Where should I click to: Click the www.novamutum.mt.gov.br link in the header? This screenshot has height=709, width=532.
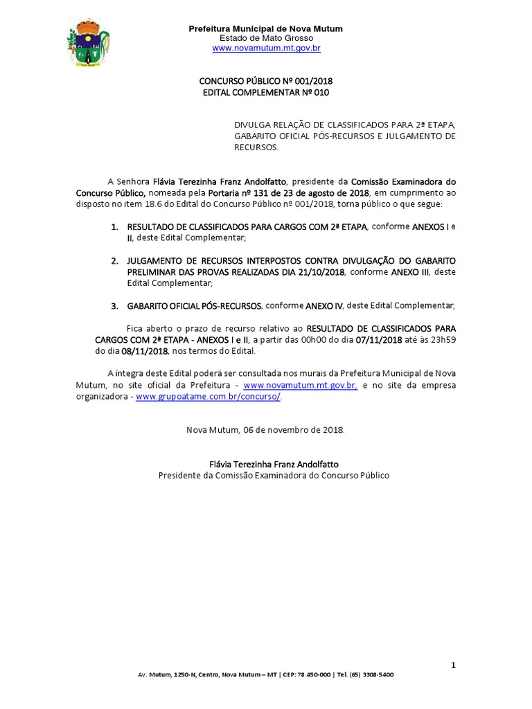pyautogui.click(x=266, y=48)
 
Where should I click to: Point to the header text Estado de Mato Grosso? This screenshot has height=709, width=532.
pyautogui.click(x=266, y=38)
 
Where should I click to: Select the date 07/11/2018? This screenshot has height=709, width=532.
pyautogui.click(x=378, y=339)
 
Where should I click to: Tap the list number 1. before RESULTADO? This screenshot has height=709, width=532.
pyautogui.click(x=115, y=226)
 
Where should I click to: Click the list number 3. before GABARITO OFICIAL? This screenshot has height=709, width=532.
pyautogui.click(x=115, y=305)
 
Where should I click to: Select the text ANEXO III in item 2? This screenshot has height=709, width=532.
pyautogui.click(x=410, y=272)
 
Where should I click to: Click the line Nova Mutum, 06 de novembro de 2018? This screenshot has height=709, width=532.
pyautogui.click(x=265, y=429)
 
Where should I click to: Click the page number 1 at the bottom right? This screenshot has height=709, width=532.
pyautogui.click(x=454, y=665)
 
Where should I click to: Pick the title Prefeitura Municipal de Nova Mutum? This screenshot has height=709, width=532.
pyautogui.click(x=266, y=28)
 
